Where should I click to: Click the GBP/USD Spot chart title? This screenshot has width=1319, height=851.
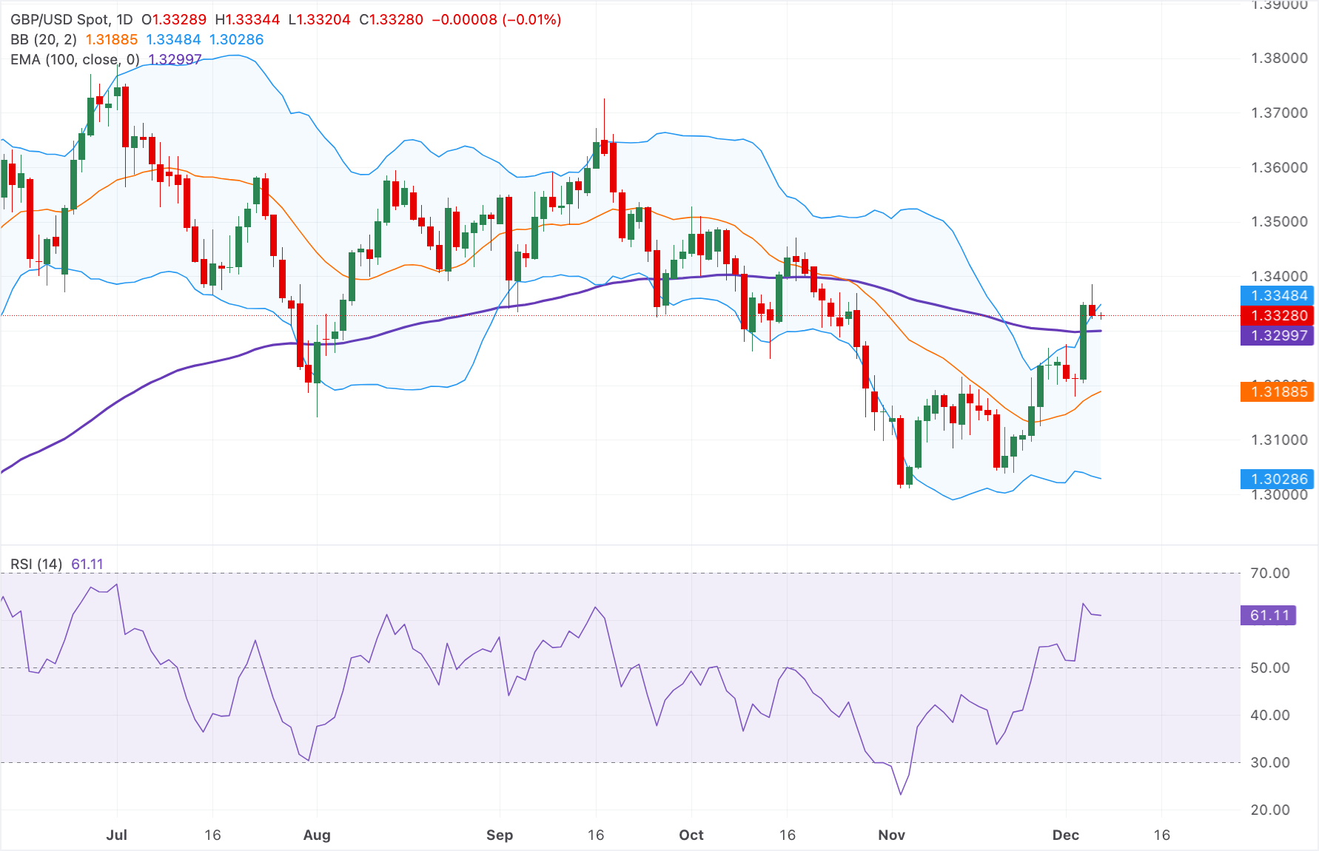tap(71, 20)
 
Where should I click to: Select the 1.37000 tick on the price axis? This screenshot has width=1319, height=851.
tap(1279, 113)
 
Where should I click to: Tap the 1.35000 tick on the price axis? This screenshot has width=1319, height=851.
tap(1279, 222)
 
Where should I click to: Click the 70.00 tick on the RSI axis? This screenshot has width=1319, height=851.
tap(1269, 573)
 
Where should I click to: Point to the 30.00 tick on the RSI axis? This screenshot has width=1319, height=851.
tap(1269, 763)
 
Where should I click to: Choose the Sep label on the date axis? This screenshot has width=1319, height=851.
tap(500, 835)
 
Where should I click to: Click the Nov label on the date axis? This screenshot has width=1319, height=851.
tap(891, 835)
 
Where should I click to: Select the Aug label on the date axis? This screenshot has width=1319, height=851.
tap(317, 835)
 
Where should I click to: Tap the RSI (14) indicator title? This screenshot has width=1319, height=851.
tap(36, 565)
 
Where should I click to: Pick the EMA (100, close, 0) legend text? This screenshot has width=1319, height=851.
tap(75, 60)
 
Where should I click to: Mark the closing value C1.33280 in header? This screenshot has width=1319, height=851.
tap(391, 20)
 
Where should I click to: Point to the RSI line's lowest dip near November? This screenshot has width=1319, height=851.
tap(901, 795)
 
